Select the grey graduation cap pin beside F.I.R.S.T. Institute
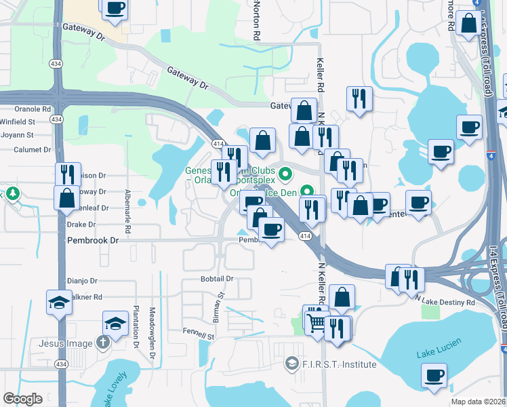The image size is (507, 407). click(292, 364)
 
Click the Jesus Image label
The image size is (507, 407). click(65, 343)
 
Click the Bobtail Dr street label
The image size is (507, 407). click(217, 279)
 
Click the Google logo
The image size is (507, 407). click(22, 399)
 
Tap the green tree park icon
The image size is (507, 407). click(12, 195)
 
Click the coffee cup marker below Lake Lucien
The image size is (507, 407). click(434, 375)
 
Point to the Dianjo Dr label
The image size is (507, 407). click(82, 280)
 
